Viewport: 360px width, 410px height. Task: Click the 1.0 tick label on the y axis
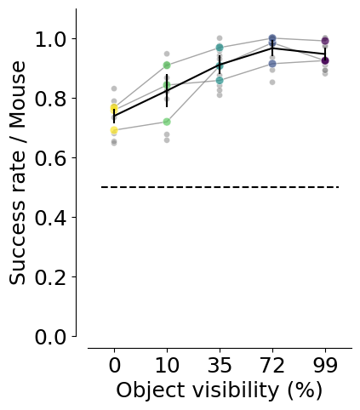pos(50,39)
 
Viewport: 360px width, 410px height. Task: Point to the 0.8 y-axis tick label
pos(50,99)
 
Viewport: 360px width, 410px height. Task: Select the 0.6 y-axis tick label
pos(50,158)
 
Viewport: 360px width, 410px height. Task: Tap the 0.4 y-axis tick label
pos(50,218)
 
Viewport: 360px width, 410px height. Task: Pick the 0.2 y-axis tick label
pos(50,277)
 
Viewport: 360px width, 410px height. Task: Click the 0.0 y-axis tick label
pos(50,337)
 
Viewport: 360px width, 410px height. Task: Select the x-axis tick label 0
pos(114,365)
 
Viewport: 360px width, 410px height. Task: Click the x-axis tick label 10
pos(167,365)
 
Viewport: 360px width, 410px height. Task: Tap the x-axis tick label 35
pos(220,365)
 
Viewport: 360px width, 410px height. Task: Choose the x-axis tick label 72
pos(272,365)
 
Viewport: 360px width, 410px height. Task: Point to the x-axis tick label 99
pos(325,365)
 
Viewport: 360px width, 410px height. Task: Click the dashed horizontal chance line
pos(220,187)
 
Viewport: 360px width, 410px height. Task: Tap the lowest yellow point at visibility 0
pos(114,130)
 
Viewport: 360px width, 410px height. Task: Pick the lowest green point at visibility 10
pos(167,122)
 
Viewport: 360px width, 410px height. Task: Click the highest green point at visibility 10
pos(167,65)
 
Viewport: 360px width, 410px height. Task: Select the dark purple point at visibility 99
pos(325,60)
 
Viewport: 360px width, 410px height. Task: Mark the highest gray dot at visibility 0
pos(114,88)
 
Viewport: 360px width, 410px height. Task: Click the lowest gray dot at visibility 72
pos(272,83)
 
